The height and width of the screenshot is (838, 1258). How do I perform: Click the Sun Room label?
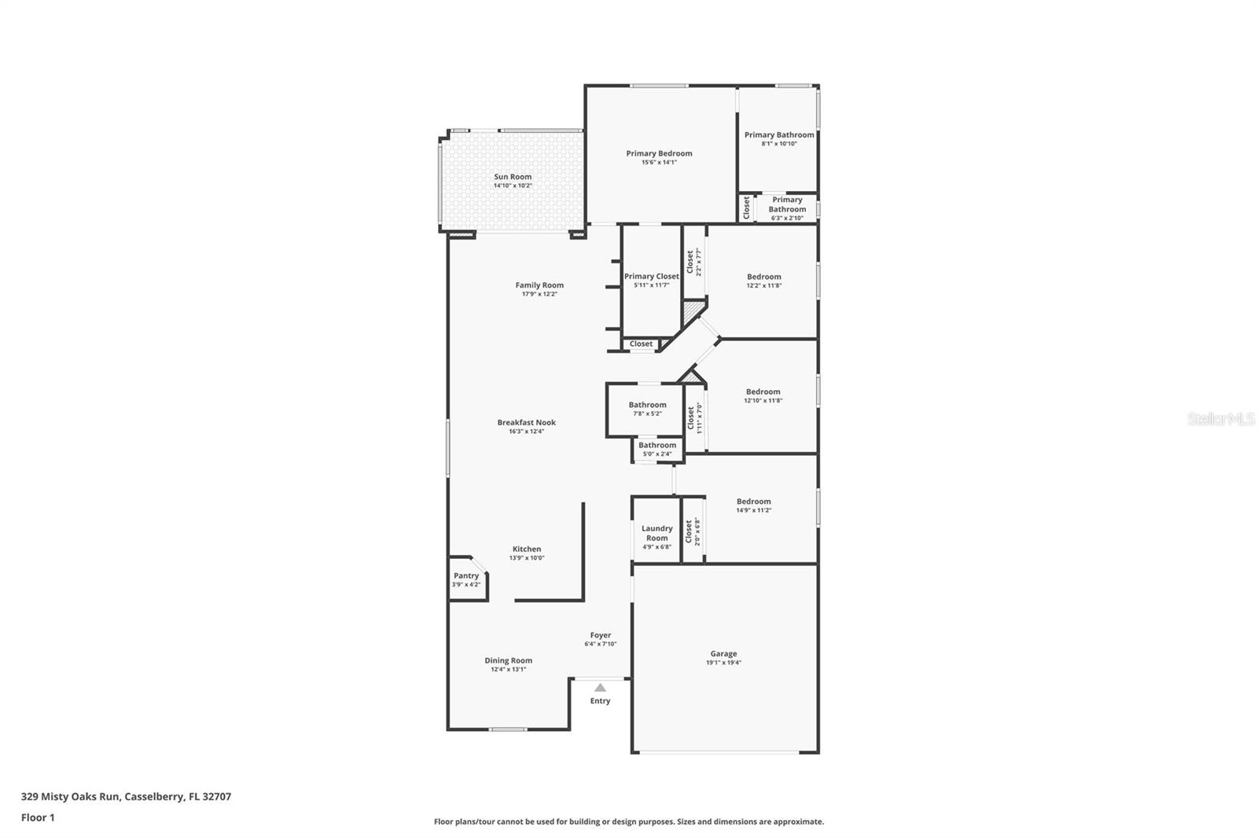[x=513, y=177]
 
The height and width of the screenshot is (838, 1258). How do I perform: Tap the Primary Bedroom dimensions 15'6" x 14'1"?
[x=659, y=163]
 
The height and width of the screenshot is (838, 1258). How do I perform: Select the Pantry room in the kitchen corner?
[x=465, y=579]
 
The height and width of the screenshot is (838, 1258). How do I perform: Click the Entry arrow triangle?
[x=600, y=688]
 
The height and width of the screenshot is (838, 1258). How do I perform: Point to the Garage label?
[x=723, y=653]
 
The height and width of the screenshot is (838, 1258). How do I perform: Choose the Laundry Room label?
[x=657, y=533]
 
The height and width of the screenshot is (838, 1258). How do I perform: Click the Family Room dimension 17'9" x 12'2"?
[x=539, y=294]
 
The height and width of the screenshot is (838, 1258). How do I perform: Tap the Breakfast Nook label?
[x=526, y=422]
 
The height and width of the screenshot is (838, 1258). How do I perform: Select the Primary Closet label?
[x=651, y=276]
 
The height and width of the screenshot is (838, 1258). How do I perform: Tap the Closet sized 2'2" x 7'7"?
[x=693, y=262]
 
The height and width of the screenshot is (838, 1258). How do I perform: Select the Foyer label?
[x=601, y=635]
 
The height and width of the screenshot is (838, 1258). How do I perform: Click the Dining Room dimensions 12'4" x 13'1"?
[x=508, y=670]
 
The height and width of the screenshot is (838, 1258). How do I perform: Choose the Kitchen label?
[x=526, y=549]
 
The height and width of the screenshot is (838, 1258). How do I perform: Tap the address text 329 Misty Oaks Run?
[x=71, y=796]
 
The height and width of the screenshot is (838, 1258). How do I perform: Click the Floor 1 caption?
[x=38, y=818]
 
